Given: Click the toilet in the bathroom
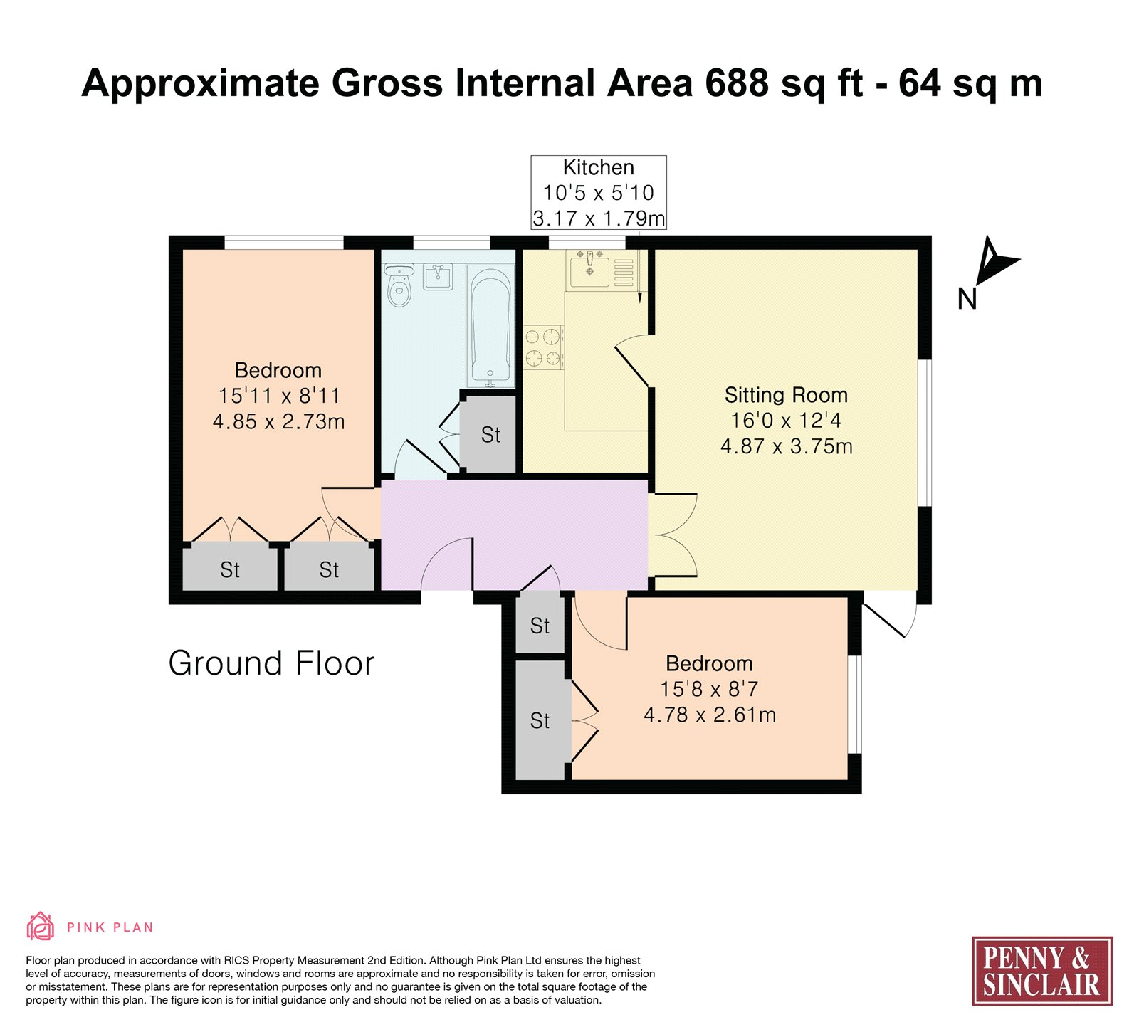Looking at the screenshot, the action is [399, 285].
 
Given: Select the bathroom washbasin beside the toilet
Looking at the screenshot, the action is [438, 276].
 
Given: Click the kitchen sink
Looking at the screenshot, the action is [589, 269].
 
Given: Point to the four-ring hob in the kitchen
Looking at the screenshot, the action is [544, 347].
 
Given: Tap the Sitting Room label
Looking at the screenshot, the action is [786, 395].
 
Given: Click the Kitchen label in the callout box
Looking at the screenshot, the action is [598, 167].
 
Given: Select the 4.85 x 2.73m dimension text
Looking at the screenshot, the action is [278, 421].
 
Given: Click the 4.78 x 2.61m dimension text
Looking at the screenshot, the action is [710, 715].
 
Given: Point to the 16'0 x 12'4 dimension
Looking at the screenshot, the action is [786, 421].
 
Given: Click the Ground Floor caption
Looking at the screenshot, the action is [271, 663].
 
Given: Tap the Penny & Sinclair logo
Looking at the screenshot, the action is [1042, 971].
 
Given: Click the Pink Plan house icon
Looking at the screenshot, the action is [41, 926].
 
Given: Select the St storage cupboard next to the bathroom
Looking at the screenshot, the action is [490, 434].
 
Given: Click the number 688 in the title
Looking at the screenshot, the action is [737, 83].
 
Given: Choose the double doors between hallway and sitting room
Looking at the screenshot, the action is [673, 535].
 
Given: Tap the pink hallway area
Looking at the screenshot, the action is [514, 535].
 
